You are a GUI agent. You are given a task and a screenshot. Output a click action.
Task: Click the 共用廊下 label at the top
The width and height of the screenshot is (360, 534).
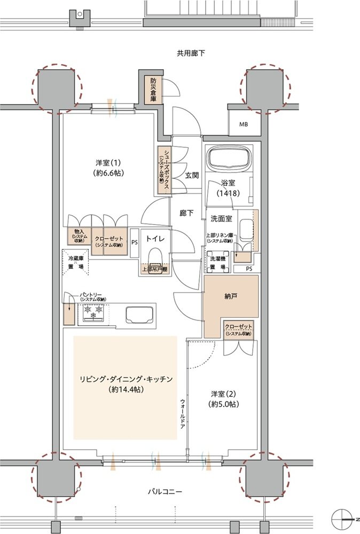click(x=191, y=53)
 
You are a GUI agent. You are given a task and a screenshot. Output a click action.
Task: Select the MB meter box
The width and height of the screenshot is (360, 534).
click(x=244, y=124)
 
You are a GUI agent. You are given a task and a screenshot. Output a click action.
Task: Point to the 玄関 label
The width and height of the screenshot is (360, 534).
click(x=192, y=175)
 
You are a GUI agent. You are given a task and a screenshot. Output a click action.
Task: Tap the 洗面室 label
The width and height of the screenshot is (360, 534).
click(x=220, y=218)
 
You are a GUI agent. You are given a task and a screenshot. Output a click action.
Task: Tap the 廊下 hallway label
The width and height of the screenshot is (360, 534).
click(x=186, y=213)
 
